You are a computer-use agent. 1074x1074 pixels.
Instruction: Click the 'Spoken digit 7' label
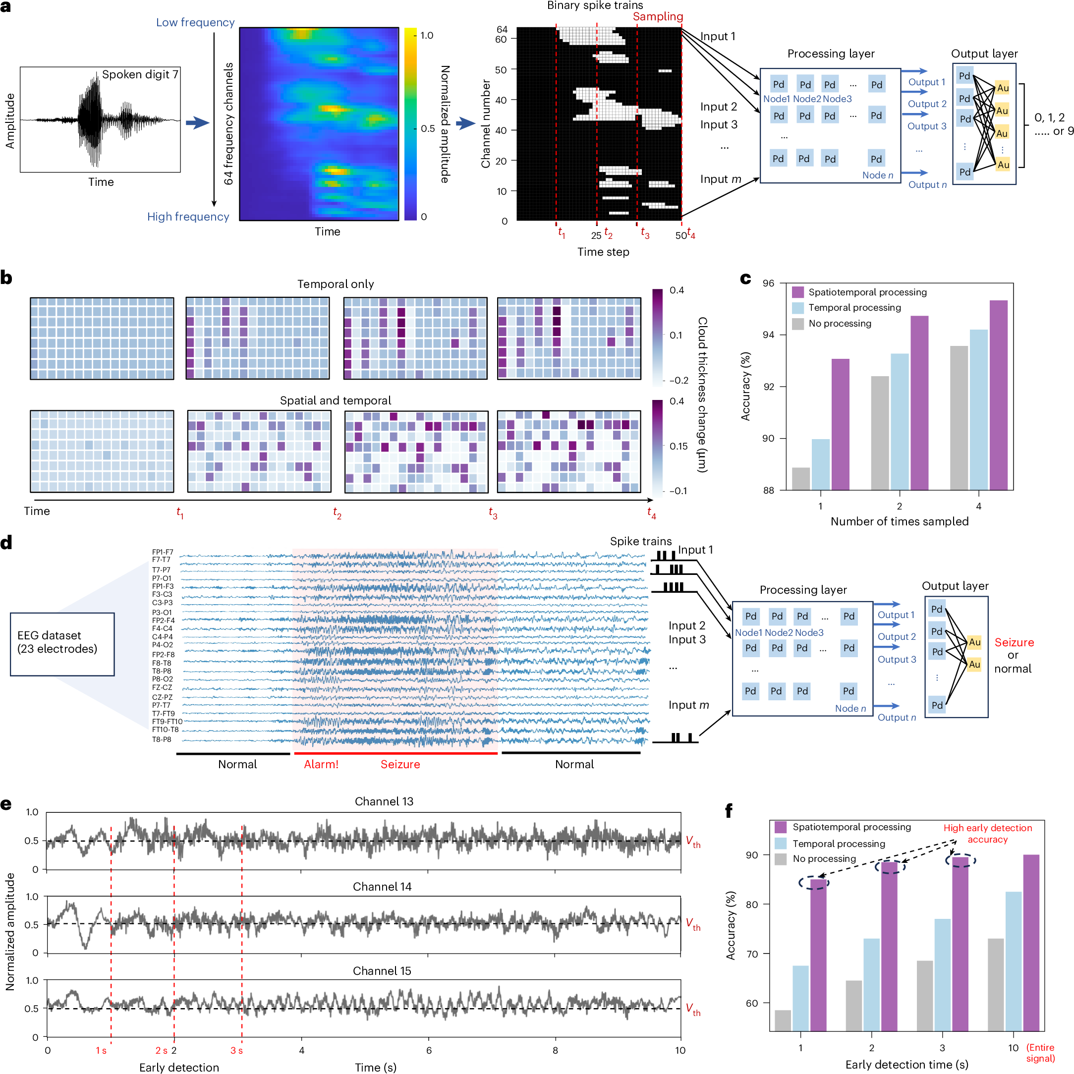coord(140,74)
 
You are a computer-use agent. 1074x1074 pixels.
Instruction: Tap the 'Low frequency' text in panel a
coord(195,23)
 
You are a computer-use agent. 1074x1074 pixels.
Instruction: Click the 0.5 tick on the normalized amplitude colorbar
coord(427,128)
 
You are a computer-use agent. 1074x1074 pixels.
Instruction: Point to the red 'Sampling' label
coord(658,17)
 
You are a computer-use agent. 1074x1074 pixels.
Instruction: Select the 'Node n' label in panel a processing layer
coord(878,175)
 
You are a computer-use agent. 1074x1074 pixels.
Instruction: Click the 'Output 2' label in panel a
coord(927,104)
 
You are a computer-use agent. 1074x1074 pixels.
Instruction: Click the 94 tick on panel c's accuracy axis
coord(768,335)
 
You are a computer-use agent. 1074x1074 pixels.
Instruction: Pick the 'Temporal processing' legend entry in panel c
coord(854,308)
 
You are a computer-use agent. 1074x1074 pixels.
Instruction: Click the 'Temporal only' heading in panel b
coord(335,284)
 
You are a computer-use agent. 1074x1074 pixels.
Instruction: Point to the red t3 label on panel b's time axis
coord(493,513)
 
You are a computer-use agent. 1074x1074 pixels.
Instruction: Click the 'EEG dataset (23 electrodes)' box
coord(62,644)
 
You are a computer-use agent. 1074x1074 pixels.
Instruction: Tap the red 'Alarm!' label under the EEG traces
coord(321,764)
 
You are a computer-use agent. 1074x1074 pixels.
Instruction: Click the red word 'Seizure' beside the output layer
coord(1014,643)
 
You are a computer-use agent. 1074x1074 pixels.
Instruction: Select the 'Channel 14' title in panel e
coord(382,887)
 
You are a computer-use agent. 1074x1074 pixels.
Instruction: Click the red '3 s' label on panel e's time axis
coord(236,1051)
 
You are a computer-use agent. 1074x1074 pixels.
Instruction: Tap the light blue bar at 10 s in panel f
coord(1014,961)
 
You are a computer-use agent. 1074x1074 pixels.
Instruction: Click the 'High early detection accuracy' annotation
coord(987,833)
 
